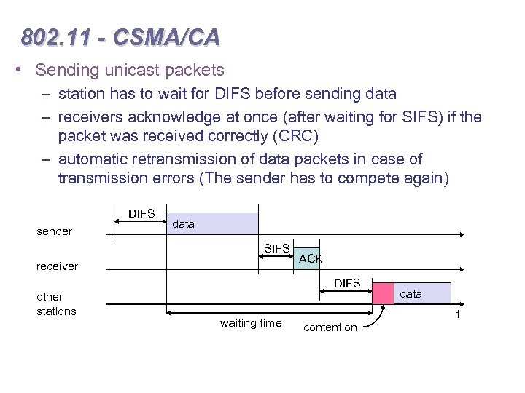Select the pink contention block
point(383,293)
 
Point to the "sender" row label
point(55,231)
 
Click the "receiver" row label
point(57,266)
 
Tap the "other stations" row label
point(56,304)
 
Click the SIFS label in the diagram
point(277,250)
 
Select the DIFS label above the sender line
point(141,213)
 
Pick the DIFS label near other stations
point(347,283)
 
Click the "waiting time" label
point(250,323)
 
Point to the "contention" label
point(330,327)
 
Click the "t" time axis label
point(457,314)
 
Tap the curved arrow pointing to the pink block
point(373,318)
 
